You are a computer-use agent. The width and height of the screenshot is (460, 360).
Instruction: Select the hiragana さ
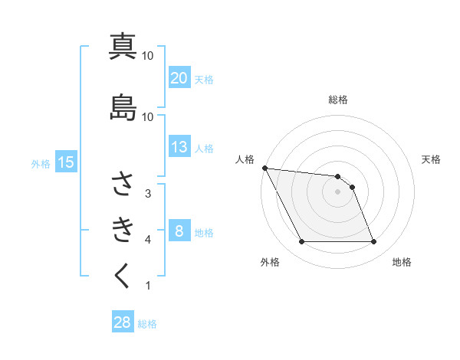[x=123, y=184]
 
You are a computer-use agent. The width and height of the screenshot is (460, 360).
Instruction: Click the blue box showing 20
[x=179, y=78]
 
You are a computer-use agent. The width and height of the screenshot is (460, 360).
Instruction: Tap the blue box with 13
[x=179, y=147]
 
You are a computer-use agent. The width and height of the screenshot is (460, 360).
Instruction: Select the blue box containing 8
[x=179, y=231]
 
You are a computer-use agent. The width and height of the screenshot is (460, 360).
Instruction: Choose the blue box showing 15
[x=65, y=162]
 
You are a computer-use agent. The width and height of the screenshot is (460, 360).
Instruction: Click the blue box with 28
[x=123, y=322]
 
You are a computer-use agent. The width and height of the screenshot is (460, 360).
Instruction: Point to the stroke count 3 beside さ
[x=148, y=194]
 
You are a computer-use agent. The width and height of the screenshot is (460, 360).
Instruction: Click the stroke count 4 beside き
[x=148, y=240]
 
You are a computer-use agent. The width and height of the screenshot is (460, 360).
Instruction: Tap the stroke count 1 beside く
[x=148, y=286]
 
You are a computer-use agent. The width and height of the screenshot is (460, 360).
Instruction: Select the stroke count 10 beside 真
[x=148, y=56]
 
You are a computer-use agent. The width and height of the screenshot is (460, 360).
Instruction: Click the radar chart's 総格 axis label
[x=338, y=100]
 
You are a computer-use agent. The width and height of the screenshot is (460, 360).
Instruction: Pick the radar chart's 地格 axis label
[x=402, y=262]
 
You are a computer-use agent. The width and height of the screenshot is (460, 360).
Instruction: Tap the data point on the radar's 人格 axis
[x=264, y=168]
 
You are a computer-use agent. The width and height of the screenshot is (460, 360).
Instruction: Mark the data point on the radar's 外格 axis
[x=302, y=242]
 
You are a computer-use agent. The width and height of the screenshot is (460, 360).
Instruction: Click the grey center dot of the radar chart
[x=338, y=191]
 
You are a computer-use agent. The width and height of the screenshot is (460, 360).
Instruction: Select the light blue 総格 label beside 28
[x=148, y=324]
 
